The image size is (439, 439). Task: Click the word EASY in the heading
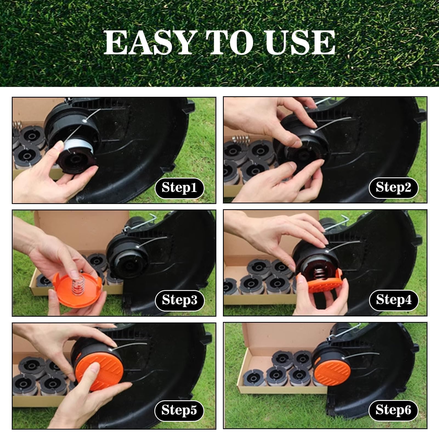(148, 43)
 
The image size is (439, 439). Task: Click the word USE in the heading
(301, 43)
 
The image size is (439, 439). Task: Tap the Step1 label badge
(180, 188)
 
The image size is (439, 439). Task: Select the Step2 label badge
(393, 188)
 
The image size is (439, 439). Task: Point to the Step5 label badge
(179, 411)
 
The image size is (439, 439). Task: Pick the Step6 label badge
(393, 411)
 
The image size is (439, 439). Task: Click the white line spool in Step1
(78, 151)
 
